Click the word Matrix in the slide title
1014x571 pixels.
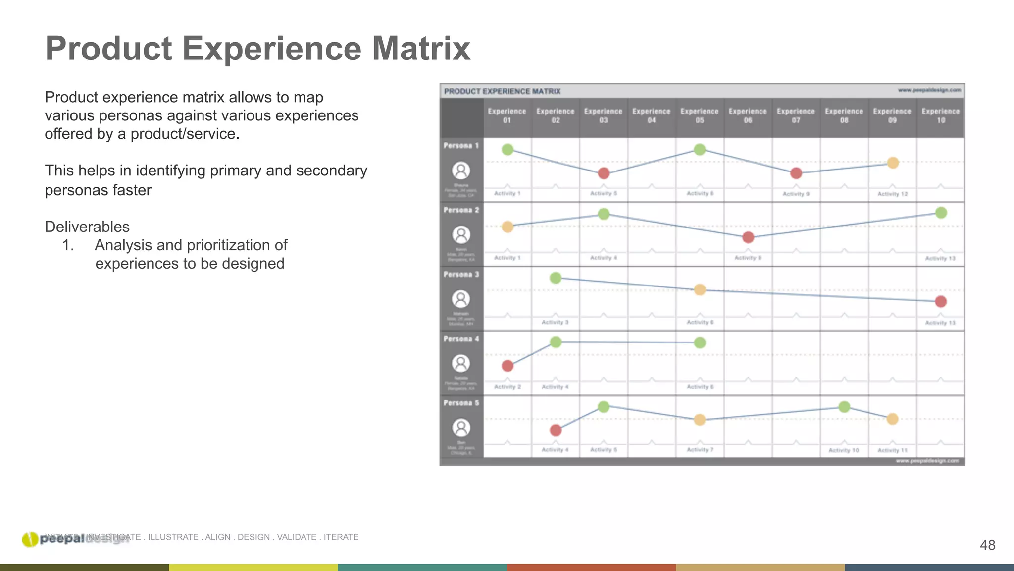click(x=420, y=49)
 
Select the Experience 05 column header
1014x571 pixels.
click(x=699, y=115)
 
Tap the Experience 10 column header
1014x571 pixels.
click(x=940, y=115)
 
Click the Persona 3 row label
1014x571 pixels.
click(x=461, y=274)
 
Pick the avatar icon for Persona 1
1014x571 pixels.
click(x=461, y=171)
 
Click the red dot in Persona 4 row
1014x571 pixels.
click(x=507, y=366)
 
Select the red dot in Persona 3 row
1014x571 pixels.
click(x=941, y=301)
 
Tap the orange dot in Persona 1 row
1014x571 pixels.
click(x=893, y=163)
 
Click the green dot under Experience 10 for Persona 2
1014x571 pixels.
click(x=941, y=213)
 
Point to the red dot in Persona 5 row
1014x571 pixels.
click(x=556, y=430)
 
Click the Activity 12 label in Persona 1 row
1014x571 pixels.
click(x=892, y=194)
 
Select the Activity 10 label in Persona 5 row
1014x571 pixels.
click(x=844, y=450)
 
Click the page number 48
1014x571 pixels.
click(x=987, y=545)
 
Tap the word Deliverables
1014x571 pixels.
click(x=87, y=227)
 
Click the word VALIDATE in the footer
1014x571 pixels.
click(x=296, y=537)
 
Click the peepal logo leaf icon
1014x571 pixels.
click(x=30, y=539)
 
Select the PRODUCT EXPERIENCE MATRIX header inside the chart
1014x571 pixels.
click(x=502, y=91)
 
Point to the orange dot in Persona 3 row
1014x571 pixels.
click(x=700, y=289)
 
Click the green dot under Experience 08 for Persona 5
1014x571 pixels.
click(x=844, y=407)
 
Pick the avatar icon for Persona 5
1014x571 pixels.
click(x=461, y=428)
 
